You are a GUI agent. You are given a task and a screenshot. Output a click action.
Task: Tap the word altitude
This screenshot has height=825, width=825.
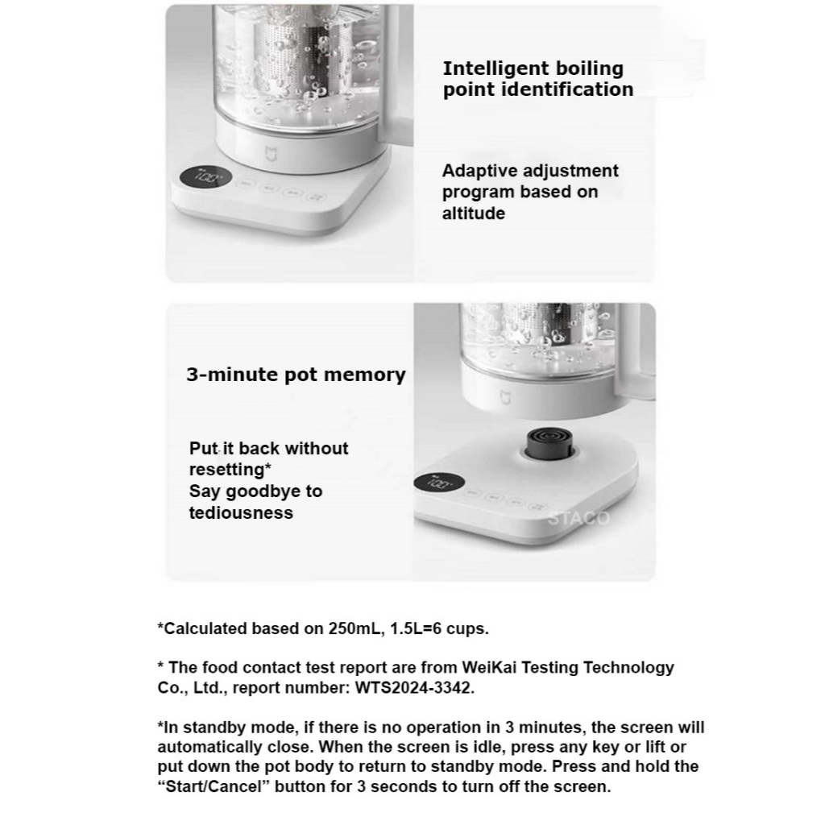(474, 214)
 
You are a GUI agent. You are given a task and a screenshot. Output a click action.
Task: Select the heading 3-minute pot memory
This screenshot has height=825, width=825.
(296, 375)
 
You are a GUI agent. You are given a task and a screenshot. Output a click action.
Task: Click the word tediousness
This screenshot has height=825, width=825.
(241, 512)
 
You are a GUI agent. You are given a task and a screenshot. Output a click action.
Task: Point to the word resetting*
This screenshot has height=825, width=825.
(230, 470)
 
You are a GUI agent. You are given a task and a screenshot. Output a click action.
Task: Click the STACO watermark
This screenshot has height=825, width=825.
(578, 518)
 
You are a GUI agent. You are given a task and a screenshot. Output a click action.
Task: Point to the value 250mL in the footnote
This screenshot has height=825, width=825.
(362, 628)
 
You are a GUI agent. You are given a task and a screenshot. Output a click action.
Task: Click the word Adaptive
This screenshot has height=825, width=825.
(479, 171)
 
